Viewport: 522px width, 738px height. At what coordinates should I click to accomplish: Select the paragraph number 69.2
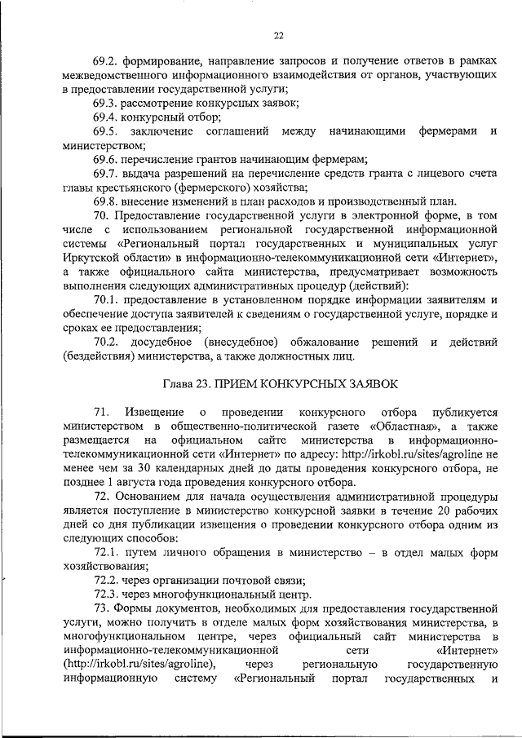tap(106, 60)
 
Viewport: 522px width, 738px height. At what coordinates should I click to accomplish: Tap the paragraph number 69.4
tap(106, 117)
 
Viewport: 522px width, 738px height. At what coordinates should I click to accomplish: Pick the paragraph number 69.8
tap(106, 201)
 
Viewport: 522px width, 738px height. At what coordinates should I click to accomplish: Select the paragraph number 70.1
tap(106, 301)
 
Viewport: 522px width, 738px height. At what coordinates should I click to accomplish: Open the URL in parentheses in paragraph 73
tap(139, 665)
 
